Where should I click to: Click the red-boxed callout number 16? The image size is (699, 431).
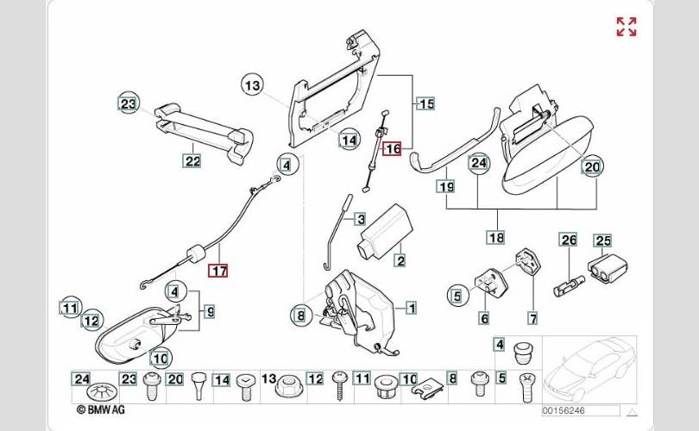pyautogui.click(x=393, y=148)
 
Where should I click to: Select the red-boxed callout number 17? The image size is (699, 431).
pyautogui.click(x=218, y=271)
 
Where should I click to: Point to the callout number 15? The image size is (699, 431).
pyautogui.click(x=425, y=104)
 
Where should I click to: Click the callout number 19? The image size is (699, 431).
pyautogui.click(x=445, y=186)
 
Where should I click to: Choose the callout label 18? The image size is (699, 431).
pyautogui.click(x=494, y=237)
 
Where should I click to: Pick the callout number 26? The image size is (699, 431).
pyautogui.click(x=568, y=240)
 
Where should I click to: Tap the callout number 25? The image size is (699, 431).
pyautogui.click(x=602, y=240)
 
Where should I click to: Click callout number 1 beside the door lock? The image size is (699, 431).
pyautogui.click(x=411, y=307)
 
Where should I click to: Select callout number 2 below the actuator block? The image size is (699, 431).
pyautogui.click(x=400, y=259)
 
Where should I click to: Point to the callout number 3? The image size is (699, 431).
pyautogui.click(x=360, y=220)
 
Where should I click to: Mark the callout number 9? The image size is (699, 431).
pyautogui.click(x=209, y=309)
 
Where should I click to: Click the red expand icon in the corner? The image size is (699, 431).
pyautogui.click(x=627, y=26)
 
